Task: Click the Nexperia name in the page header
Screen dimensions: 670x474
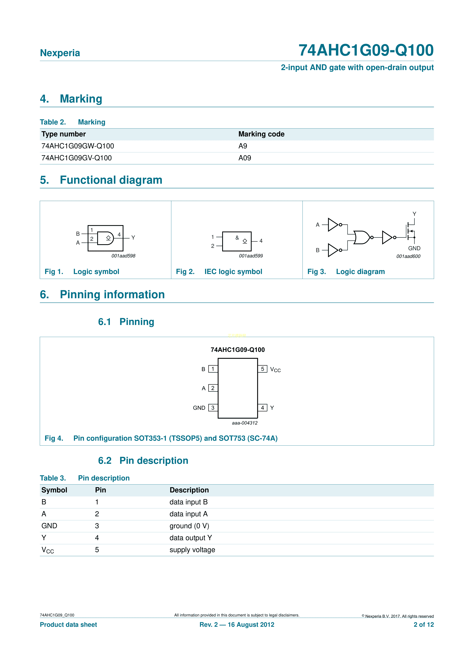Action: pos(60,53)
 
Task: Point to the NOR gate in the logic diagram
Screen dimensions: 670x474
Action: pos(361,238)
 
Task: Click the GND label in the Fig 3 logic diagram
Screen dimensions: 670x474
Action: pos(414,248)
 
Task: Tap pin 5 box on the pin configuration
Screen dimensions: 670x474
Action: pos(262,369)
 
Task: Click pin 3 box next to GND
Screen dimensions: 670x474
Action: pos(213,408)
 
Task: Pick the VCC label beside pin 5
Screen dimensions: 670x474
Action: pos(275,370)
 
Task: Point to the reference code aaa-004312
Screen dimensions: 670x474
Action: pos(245,423)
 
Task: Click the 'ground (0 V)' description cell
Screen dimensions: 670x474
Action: pos(189,526)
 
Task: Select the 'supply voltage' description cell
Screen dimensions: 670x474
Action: pos(192,550)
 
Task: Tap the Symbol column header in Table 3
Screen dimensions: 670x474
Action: pos(54,490)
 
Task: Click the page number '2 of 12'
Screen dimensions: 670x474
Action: pos(424,625)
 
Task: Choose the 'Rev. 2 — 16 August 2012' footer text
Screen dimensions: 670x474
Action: pos(237,625)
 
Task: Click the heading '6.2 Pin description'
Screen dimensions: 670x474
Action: pos(143,461)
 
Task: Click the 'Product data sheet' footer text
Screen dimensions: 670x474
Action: pos(68,625)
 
